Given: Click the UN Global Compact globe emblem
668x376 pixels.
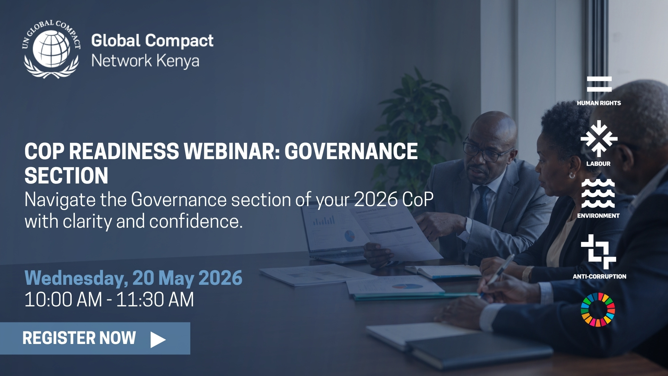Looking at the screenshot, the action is pyautogui.click(x=51, y=49).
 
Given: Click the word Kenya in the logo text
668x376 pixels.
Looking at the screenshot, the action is pyautogui.click(x=178, y=61).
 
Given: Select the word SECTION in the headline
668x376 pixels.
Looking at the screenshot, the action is pyautogui.click(x=66, y=175).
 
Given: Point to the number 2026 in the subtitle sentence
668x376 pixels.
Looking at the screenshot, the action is pyautogui.click(x=376, y=199).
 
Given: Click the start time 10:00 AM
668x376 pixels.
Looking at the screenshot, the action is pyautogui.click(x=63, y=299).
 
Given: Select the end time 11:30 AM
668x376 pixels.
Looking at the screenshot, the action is pyautogui.click(x=155, y=299).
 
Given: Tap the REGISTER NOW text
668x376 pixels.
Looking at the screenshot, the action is pyautogui.click(x=79, y=338).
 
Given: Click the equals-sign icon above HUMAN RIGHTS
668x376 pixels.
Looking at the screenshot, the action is pyautogui.click(x=599, y=84).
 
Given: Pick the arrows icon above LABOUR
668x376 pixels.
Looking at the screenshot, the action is pyautogui.click(x=599, y=139).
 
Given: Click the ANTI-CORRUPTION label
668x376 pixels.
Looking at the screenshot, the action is pyautogui.click(x=599, y=276).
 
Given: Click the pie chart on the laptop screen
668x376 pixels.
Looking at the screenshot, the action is pyautogui.click(x=350, y=236).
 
